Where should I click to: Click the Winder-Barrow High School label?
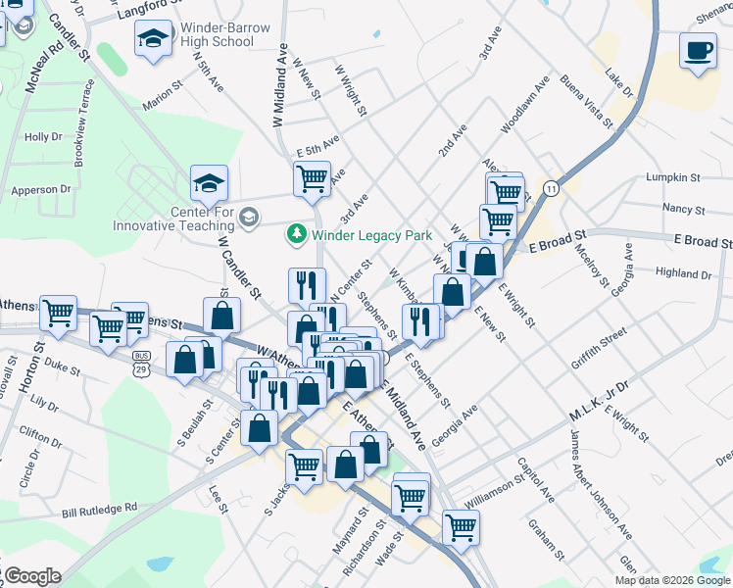[217, 34]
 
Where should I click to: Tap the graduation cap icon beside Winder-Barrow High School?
[154, 40]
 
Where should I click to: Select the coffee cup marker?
[698, 51]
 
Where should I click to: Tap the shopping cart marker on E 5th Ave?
[312, 179]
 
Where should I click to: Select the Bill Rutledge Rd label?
[99, 511]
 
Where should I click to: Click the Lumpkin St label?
[673, 177]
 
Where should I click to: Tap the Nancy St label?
[683, 209]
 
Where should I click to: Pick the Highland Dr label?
[683, 273]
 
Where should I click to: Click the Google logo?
[31, 576]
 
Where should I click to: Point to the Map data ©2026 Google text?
[672, 580]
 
